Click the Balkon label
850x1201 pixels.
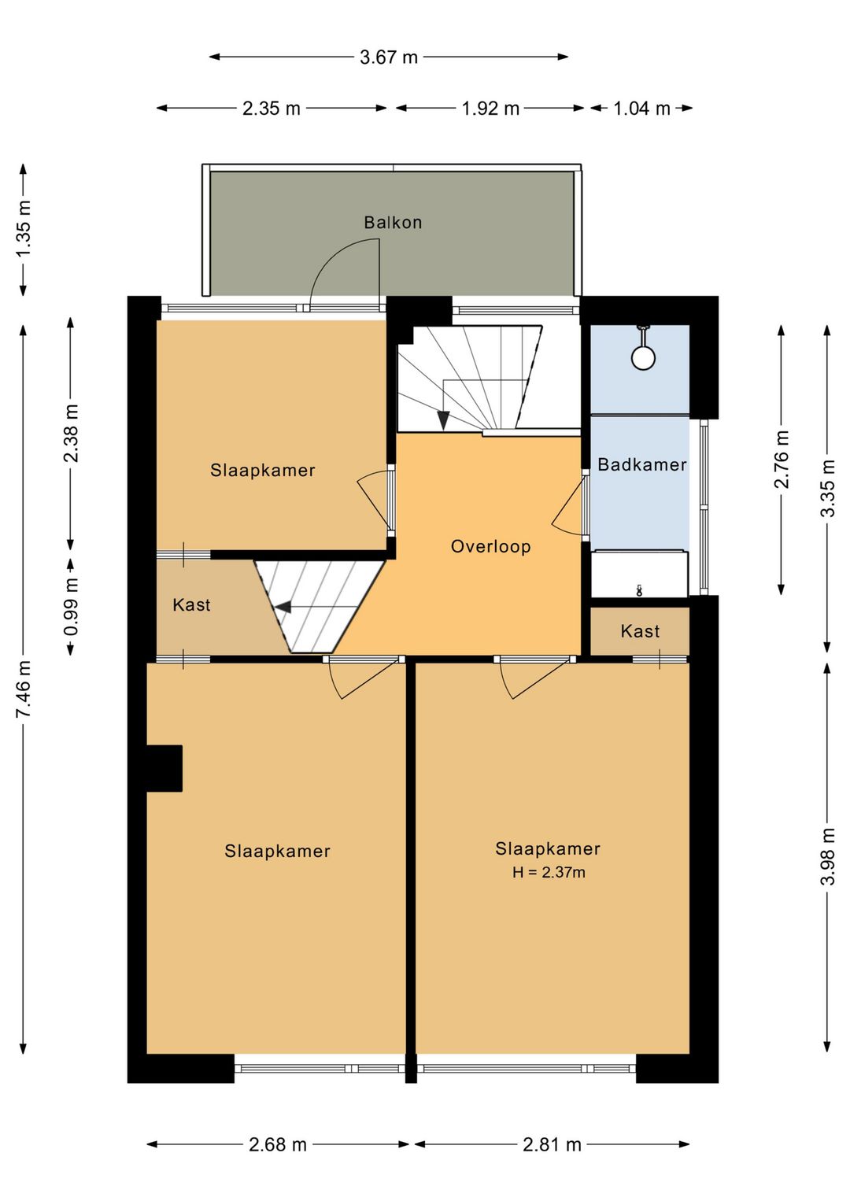pos(393,223)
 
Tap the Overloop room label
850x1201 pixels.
pos(490,546)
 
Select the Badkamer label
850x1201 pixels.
pos(641,464)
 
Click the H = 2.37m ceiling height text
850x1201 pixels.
pos(549,872)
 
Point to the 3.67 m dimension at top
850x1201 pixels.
pos(389,57)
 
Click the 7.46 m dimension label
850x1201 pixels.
pos(24,689)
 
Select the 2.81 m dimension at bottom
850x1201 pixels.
pos(552,1144)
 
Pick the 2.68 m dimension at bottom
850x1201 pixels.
pos(278,1144)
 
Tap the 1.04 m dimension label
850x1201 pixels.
pos(641,109)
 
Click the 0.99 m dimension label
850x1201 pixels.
pos(71,607)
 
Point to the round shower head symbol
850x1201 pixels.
pos(643,358)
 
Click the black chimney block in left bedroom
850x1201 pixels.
pos(164,768)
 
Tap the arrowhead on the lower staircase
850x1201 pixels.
pos(282,607)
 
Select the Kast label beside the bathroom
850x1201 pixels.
pos(640,631)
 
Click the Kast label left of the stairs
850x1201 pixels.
pos(191,604)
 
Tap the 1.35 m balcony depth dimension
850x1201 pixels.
pos(24,228)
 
